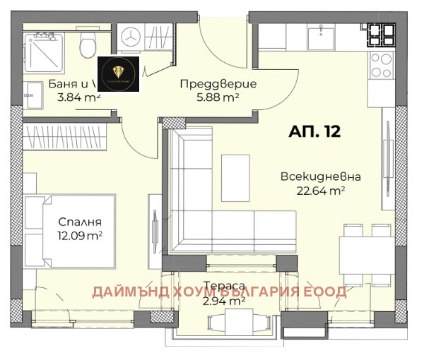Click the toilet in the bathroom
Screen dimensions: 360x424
tap(88, 46)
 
